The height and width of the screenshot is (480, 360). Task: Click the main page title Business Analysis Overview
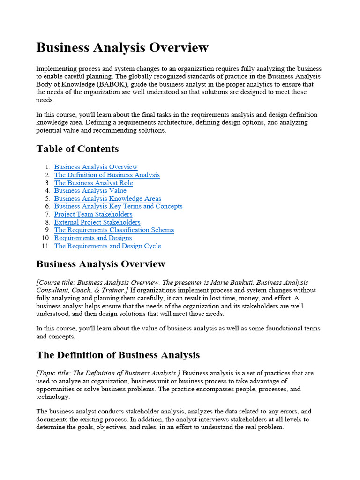click(122, 48)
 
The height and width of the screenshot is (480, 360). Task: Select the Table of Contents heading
click(77, 149)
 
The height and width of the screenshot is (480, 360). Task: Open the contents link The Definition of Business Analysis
click(107, 175)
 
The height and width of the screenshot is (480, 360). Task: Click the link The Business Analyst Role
click(93, 183)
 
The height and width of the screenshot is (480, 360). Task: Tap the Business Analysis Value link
click(90, 191)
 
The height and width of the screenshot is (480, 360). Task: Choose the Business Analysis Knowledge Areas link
click(107, 199)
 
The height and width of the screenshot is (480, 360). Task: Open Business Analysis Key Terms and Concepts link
click(118, 206)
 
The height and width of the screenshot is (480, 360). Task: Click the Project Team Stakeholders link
click(93, 214)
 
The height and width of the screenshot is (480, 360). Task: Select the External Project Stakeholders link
click(97, 222)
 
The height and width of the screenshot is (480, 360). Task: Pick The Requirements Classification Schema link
click(114, 230)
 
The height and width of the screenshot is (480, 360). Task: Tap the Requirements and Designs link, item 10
click(93, 238)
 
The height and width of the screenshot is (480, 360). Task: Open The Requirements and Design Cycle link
click(107, 246)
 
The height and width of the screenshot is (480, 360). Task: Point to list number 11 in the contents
click(46, 246)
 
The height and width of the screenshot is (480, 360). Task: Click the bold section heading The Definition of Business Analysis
click(118, 355)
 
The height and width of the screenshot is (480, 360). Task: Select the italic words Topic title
click(55, 373)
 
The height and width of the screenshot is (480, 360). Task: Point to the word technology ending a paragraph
click(52, 397)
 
